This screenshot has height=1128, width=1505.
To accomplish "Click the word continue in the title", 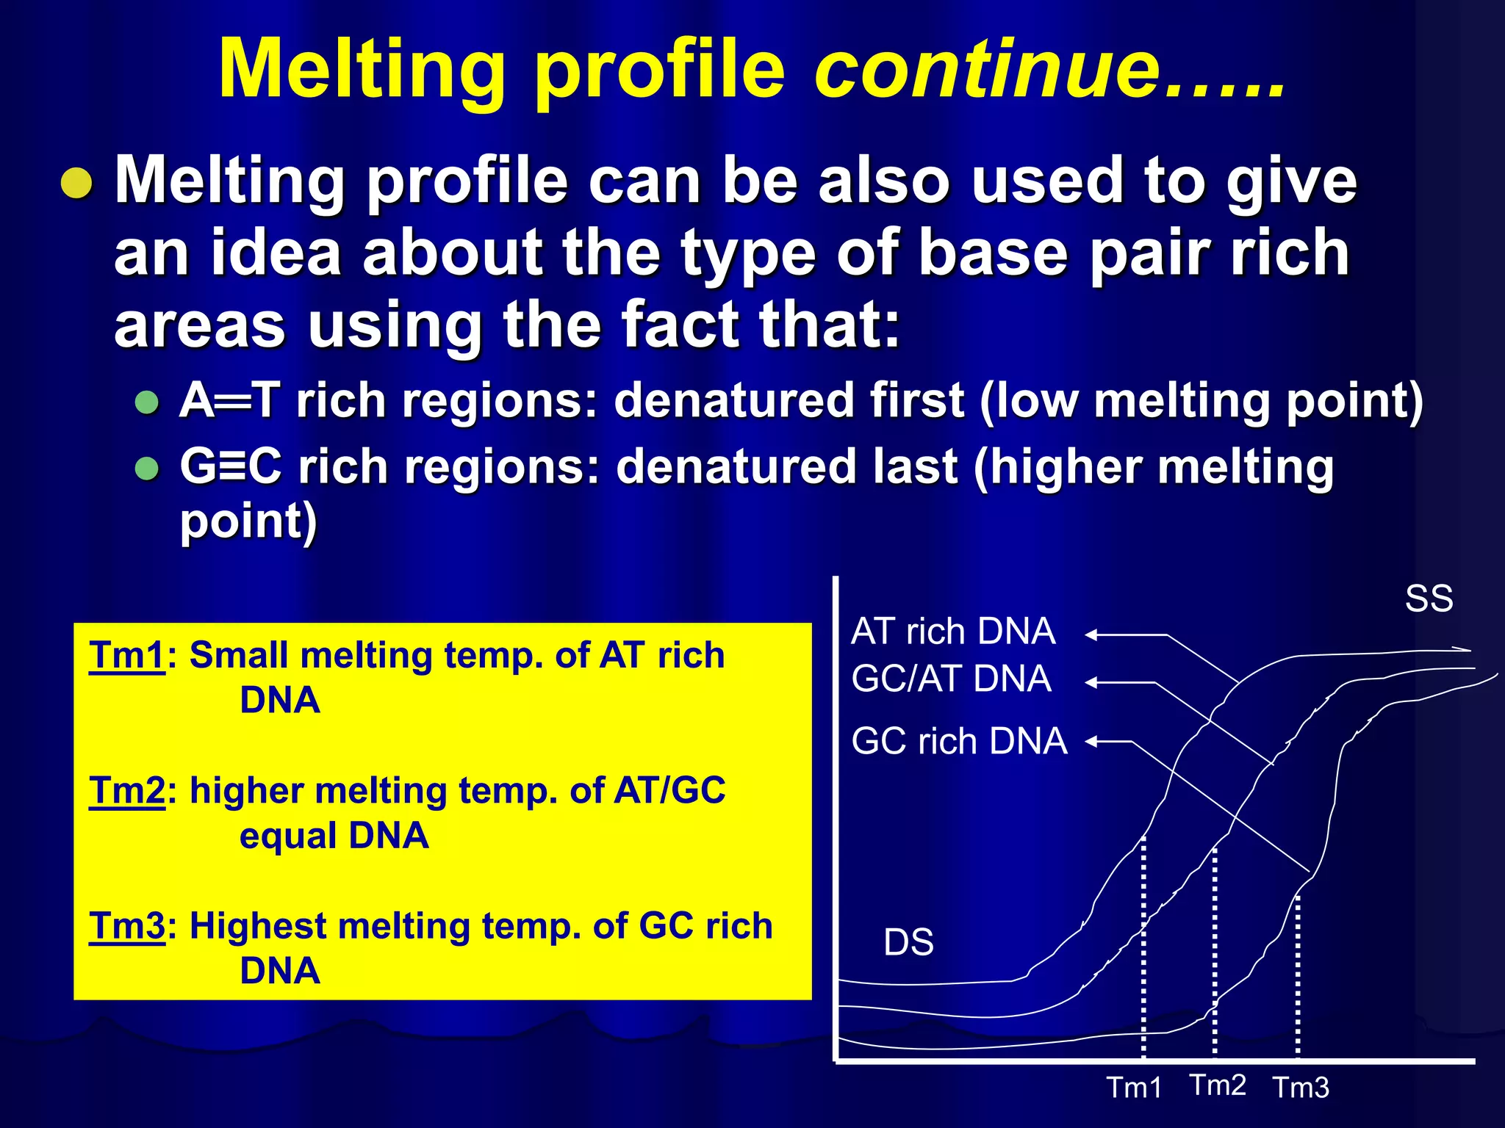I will tap(988, 70).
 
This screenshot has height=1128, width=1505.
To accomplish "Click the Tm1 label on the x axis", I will tap(1134, 1088).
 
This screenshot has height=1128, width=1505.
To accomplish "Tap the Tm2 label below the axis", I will tap(1218, 1085).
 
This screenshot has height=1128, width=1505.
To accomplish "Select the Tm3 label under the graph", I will tap(1301, 1088).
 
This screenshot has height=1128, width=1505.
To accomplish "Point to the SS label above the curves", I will tap(1429, 599).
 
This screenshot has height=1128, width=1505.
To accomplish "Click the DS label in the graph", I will tap(908, 942).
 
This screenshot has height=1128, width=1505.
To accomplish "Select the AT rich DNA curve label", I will tap(953, 632).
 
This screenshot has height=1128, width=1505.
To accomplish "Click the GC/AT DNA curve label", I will tap(951, 679).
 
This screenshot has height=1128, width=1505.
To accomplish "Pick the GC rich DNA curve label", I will tap(959, 741).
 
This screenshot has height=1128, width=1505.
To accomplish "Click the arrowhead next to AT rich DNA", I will tap(1092, 635).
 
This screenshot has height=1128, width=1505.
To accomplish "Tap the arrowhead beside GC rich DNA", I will tap(1092, 742).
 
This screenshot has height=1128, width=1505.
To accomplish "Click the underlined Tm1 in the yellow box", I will tap(126, 655).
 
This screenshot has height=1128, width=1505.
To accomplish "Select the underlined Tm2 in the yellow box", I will tap(126, 791).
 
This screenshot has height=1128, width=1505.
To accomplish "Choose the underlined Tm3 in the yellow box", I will tap(126, 926).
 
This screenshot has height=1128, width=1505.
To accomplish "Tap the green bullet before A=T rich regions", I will tap(148, 402).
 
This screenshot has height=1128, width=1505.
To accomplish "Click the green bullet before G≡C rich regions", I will tap(148, 469).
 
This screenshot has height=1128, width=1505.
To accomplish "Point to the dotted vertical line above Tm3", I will tap(1298, 977).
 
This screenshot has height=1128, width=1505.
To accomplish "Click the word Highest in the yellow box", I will tap(256, 926).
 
